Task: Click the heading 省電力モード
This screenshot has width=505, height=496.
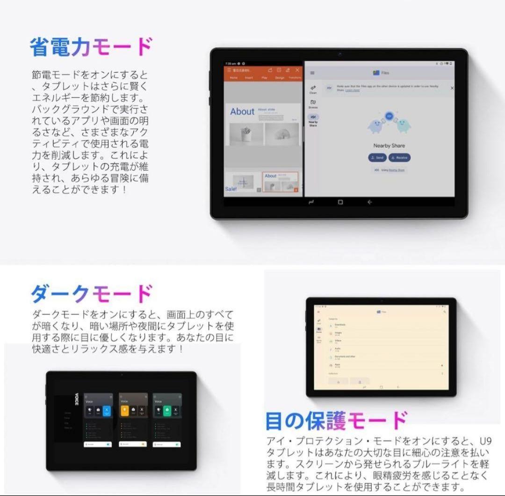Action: click(91, 48)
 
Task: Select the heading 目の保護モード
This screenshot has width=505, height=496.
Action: click(336, 421)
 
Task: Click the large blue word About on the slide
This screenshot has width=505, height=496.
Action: click(242, 112)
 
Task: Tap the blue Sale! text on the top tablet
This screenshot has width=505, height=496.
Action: click(231, 189)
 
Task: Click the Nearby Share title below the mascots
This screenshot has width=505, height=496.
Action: click(389, 146)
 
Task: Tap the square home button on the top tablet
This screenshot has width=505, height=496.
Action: click(340, 202)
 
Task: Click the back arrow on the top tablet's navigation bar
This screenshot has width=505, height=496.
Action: click(369, 202)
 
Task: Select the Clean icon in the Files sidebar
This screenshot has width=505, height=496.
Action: click(313, 88)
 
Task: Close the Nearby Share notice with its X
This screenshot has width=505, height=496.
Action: click(452, 88)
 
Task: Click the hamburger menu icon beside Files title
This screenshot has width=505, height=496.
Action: click(312, 73)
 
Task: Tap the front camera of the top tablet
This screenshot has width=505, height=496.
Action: click(339, 54)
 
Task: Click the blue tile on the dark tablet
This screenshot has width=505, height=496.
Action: click(107, 411)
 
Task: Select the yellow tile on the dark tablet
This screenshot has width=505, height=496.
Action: click(125, 411)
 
